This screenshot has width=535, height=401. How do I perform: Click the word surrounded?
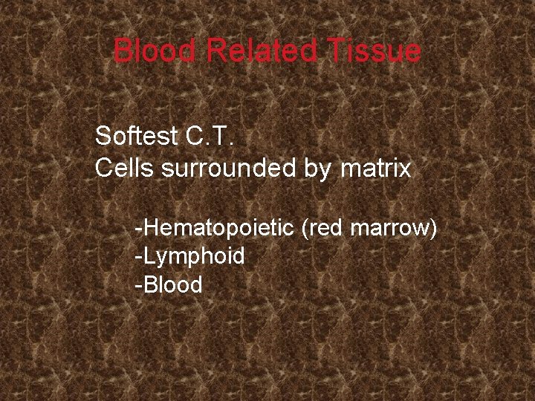[x=226, y=169]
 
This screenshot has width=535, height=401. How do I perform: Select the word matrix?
[x=376, y=169]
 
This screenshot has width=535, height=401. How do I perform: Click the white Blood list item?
[x=172, y=284]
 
